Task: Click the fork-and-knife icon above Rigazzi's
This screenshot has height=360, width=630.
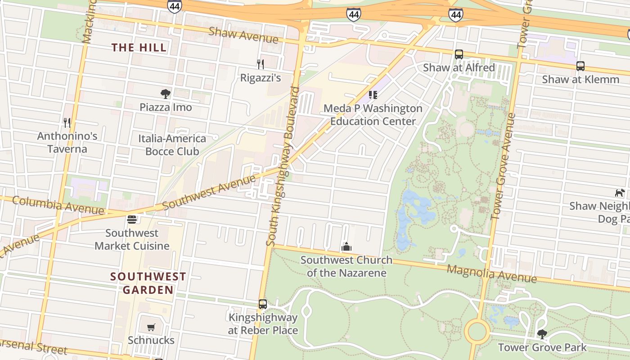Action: coord(260,64)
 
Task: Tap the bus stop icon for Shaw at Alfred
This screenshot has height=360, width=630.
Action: coord(459,54)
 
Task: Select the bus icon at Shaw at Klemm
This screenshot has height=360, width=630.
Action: coord(580,66)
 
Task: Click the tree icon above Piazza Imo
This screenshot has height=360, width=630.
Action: coord(166,94)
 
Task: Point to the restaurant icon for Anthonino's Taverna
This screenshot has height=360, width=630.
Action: coord(67,122)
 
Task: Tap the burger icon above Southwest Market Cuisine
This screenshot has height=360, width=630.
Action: coord(132,220)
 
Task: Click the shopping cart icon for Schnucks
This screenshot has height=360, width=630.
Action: coord(151,327)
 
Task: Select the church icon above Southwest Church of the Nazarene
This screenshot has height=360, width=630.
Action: coord(346,247)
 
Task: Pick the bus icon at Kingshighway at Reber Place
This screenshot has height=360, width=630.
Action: coord(263,304)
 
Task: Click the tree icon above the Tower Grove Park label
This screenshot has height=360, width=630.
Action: coord(542,334)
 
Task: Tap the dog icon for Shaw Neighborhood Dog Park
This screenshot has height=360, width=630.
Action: coord(620,193)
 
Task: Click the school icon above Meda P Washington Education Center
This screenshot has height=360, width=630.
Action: coord(373,95)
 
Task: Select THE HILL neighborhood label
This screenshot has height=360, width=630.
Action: coord(139,47)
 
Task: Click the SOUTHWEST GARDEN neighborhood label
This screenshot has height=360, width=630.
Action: coord(148,283)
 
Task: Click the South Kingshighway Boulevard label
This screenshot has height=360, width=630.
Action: coord(283,166)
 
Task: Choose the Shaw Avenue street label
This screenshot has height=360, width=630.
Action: coord(243,35)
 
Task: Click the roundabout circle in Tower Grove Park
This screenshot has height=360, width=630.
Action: coord(477,332)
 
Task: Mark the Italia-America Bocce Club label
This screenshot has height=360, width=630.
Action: coord(172,145)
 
